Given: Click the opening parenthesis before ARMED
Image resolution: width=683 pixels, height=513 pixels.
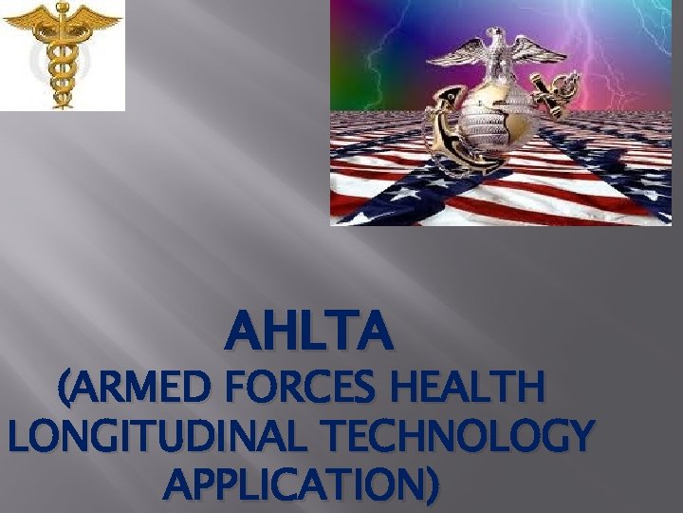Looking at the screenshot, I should tap(64, 390).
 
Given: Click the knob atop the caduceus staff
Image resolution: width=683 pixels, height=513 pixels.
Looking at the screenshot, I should tap(62, 9).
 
